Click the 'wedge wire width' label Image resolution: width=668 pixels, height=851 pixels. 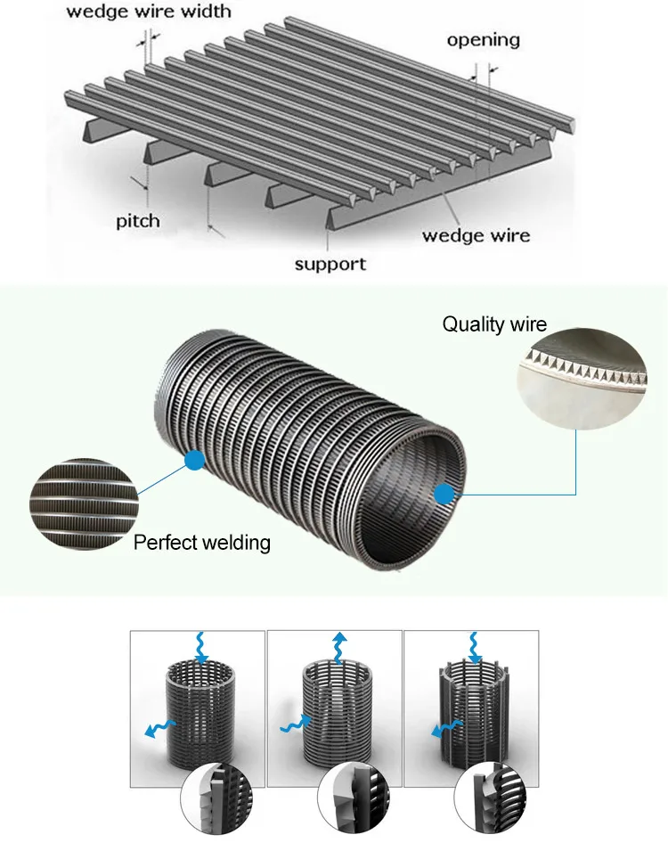coord(149,11)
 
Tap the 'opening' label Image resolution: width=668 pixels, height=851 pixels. coord(483,40)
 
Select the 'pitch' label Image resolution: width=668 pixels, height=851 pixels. coord(137,220)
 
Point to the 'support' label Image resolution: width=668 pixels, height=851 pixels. coord(330,264)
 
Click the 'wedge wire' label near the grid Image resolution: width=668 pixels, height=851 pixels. coord(476,235)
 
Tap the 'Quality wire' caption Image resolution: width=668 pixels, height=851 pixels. coord(494,323)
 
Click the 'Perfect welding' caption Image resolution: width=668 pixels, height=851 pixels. coord(202,542)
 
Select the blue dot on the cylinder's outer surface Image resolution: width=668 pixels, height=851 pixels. coord(193,460)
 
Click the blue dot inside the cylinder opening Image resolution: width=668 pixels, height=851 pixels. coord(443,494)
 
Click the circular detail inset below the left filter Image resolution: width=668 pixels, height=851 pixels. coord(215,805)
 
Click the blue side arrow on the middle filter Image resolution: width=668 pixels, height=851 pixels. coord(294,724)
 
